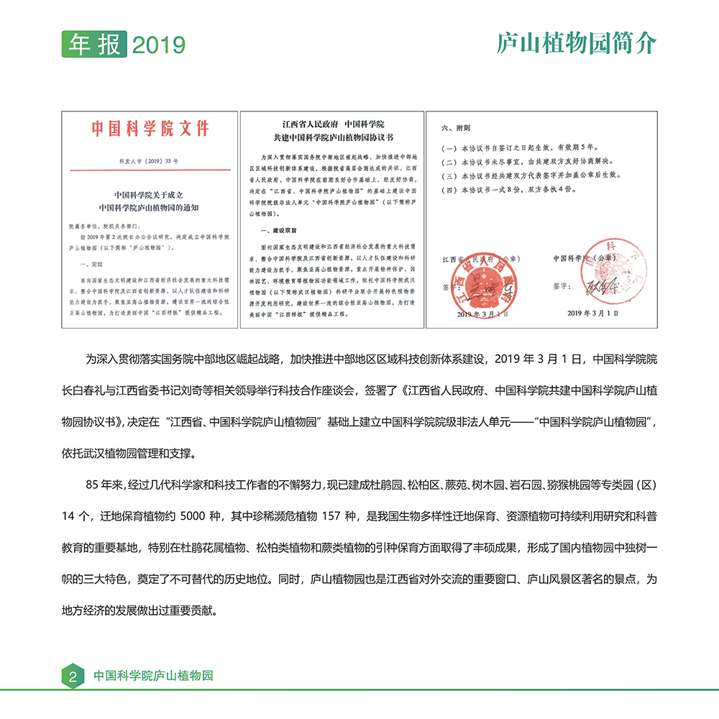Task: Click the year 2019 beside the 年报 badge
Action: coord(159,45)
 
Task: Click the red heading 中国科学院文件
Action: coord(150,129)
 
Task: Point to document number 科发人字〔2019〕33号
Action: coord(150,163)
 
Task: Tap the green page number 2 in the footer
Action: coord(73,677)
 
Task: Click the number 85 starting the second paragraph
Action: coord(93,484)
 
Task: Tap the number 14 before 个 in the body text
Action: coord(69,516)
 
